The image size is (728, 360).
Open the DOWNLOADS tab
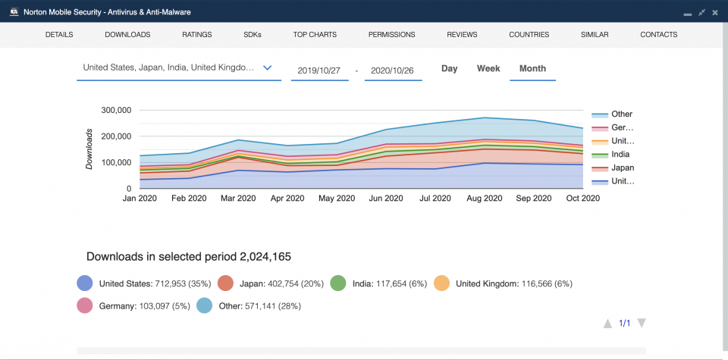[127, 35]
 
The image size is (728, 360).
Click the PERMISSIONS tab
[391, 35]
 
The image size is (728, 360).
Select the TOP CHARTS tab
[315, 35]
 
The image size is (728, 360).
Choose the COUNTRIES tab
[529, 35]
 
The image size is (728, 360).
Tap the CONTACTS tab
[658, 35]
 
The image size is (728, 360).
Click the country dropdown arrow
[267, 67]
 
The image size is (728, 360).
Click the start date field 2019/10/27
[319, 70]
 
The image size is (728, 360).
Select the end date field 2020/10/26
[393, 70]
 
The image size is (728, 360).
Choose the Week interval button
[488, 69]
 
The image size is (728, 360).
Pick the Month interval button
[532, 69]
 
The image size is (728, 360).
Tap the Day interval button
[450, 69]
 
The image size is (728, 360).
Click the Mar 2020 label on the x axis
[238, 199]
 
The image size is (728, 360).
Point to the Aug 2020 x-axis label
[484, 199]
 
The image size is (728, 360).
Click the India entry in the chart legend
[620, 155]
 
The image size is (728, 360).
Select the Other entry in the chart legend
[621, 114]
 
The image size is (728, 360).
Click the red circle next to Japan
[225, 283]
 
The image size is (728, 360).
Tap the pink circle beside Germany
[85, 305]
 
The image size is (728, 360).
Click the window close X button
[716, 12]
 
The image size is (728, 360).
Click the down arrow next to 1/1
[642, 324]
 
